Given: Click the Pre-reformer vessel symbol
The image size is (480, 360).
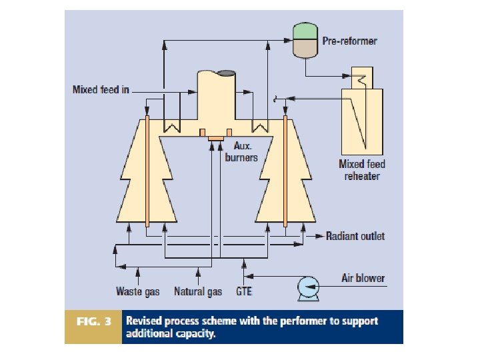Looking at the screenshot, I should coord(306,40).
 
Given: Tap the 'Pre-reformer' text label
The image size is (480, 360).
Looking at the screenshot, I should coord(349,41).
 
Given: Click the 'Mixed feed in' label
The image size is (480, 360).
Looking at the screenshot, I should coord(101,89).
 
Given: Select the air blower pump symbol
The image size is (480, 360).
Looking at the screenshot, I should coord(309,287).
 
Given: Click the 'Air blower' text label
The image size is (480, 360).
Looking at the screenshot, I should coord(363,278).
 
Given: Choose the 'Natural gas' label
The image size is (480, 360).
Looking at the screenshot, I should coord(198,291).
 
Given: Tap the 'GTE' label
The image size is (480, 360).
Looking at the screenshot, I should coord(244,291).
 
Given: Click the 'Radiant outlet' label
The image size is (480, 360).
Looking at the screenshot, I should coord(355,236).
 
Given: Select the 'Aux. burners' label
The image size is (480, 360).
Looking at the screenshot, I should coord(245,151).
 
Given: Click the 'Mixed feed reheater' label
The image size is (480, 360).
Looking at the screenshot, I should coord(362,170).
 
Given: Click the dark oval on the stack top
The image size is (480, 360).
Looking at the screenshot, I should coord(225,72).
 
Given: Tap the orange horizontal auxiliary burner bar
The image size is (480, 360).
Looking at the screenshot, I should coord(215,138).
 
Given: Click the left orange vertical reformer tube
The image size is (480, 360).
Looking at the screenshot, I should coord(146,172).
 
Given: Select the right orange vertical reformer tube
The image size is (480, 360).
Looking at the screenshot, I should coord(285,172).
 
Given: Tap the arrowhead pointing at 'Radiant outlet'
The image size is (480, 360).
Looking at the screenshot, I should coord(320,236).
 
